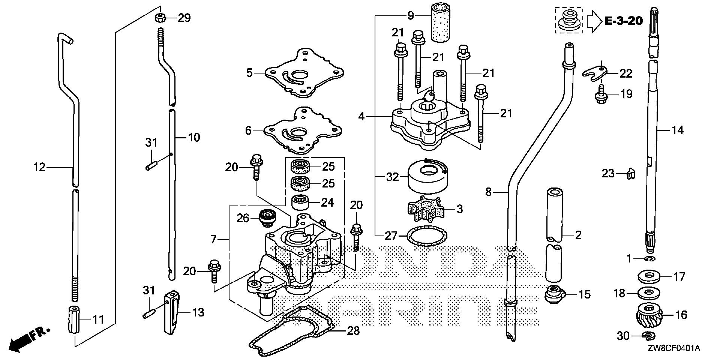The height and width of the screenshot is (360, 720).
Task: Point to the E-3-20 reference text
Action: [624, 21]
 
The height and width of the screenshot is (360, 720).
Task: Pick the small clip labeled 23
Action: [631, 174]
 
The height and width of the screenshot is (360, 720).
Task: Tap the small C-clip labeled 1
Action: [649, 259]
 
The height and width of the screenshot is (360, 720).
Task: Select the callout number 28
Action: [353, 331]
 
